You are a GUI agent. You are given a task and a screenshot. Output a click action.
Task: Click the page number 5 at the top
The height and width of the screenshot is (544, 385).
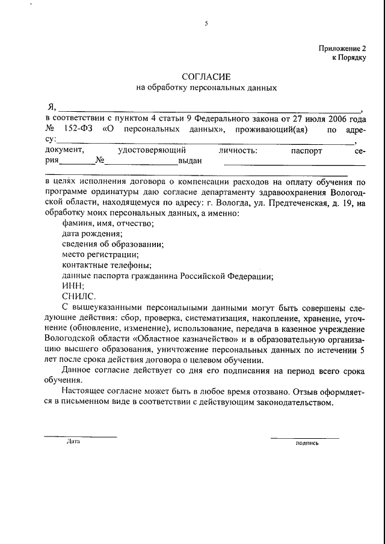click(206, 23)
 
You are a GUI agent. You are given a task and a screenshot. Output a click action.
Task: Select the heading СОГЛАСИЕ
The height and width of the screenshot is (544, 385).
click(206, 76)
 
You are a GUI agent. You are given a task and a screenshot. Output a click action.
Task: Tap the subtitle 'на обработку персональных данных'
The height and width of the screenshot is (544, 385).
click(206, 88)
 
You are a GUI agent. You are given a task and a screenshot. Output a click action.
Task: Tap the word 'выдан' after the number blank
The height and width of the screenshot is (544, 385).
click(189, 161)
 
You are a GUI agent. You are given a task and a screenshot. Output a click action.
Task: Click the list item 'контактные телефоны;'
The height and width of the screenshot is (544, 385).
click(106, 265)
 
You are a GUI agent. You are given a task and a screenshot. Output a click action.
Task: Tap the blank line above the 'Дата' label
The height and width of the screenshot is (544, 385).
click(80, 436)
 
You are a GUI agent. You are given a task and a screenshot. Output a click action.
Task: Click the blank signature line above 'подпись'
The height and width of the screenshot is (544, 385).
click(307, 436)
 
